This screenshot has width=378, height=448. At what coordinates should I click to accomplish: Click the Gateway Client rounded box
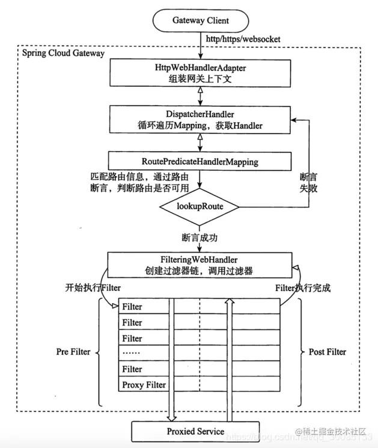pyautogui.click(x=201, y=20)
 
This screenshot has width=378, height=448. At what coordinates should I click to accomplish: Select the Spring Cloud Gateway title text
pyautogui.click(x=63, y=53)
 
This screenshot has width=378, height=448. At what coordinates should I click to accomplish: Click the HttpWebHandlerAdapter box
pyautogui.click(x=200, y=73)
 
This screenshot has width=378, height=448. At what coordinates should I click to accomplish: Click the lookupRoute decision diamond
pyautogui.click(x=200, y=206)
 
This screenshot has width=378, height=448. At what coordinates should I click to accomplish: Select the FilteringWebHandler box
pyautogui.click(x=200, y=264)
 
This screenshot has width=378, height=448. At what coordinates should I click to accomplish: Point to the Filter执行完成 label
pyautogui.click(x=303, y=287)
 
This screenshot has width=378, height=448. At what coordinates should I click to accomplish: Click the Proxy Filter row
pyautogui.click(x=144, y=385)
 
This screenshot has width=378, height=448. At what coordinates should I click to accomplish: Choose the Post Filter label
pyautogui.click(x=327, y=352)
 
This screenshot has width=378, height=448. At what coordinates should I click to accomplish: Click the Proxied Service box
pyautogui.click(x=195, y=432)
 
